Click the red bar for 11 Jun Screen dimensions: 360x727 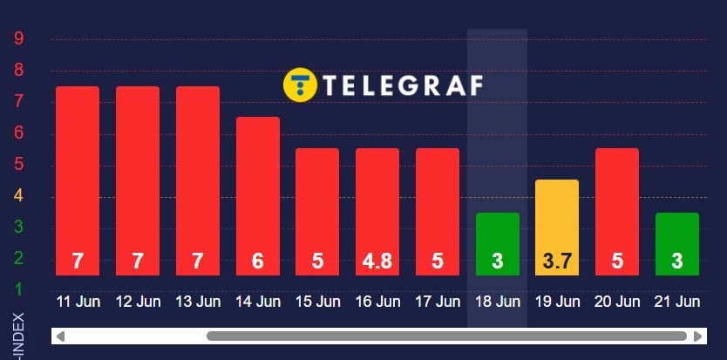78,174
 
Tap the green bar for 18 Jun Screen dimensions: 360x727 498,235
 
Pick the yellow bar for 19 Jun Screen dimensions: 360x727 557,218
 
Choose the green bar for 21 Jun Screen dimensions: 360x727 677,235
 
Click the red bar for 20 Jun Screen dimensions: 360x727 617,200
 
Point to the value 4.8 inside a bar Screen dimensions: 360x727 377,261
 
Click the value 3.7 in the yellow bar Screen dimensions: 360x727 557,261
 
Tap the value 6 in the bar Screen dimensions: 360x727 258,261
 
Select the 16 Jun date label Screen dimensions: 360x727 377,302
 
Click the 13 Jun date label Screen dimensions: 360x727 198,302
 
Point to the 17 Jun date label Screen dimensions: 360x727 438,302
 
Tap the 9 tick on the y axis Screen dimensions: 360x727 18,39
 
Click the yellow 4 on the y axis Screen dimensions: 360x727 18,197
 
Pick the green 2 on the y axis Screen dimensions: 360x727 18,259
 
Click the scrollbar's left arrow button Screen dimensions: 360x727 58,336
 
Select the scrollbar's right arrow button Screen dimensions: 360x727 697,336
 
